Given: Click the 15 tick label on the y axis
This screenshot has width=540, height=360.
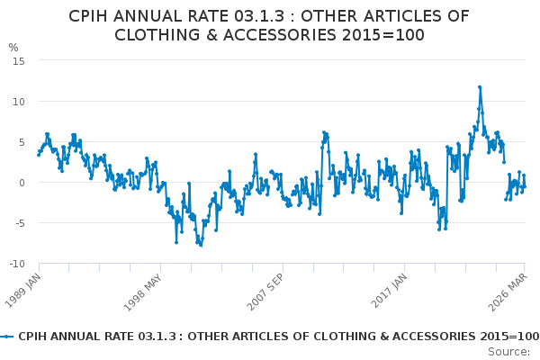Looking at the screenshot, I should click(x=18, y=60).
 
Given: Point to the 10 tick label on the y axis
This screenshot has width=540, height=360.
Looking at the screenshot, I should click(x=18, y=101).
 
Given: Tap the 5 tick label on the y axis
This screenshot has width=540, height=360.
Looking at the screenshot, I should click(x=21, y=141).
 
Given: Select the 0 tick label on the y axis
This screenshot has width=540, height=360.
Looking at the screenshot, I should click(x=21, y=183).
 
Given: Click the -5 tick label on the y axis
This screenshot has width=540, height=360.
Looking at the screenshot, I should click(x=19, y=223).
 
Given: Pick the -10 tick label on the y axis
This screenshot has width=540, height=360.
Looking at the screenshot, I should click(x=16, y=264).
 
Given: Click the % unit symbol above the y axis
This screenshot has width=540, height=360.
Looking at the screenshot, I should click(x=13, y=48).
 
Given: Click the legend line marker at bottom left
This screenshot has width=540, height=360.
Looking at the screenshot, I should click(x=8, y=336).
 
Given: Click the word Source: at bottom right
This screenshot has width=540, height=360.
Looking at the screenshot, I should click(x=509, y=351).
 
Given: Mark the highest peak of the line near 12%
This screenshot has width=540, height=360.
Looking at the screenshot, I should click(x=480, y=87).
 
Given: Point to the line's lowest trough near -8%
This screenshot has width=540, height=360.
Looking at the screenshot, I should click(x=201, y=245).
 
